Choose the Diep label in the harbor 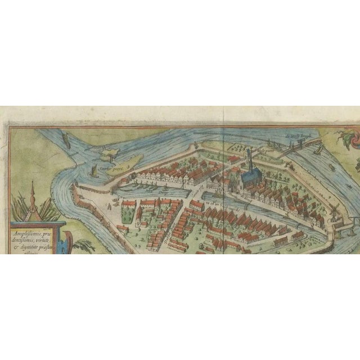pos(166,191)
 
